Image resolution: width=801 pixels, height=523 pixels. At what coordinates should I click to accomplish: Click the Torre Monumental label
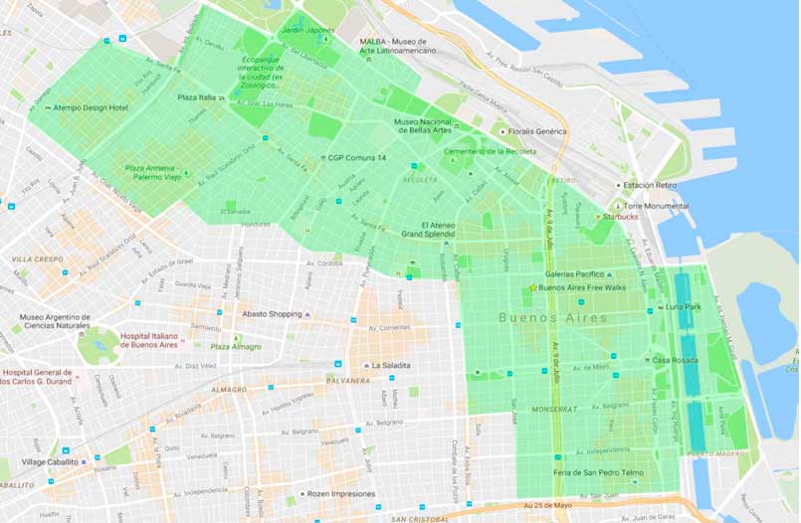tap(656, 206)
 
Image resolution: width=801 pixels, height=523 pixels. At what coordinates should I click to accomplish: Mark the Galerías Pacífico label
tap(576, 274)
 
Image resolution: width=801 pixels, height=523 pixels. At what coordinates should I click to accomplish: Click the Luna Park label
tap(687, 306)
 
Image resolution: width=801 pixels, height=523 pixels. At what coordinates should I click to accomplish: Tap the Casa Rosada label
tap(676, 360)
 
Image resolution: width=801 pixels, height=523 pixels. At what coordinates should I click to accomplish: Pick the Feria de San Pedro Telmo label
tap(597, 472)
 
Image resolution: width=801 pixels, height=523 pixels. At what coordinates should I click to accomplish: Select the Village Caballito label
tap(55, 462)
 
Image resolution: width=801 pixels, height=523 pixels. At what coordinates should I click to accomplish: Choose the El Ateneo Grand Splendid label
tap(427, 230)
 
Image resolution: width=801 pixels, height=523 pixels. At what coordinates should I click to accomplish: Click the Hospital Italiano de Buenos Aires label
tap(163, 341)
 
